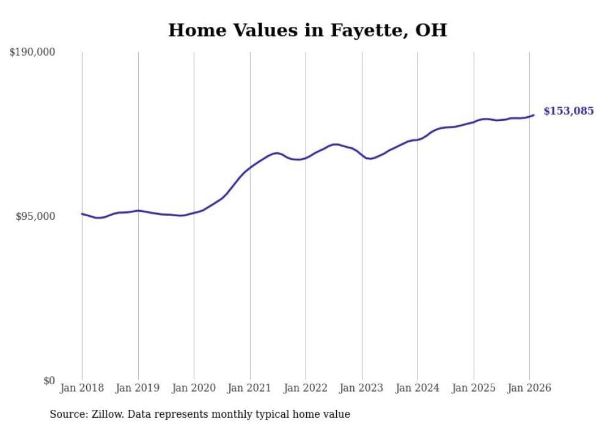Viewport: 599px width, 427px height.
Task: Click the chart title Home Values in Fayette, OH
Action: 307,30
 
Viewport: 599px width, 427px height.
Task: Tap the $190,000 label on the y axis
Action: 32,52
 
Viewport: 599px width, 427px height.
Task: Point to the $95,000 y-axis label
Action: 35,216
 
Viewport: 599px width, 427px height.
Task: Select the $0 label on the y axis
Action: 50,381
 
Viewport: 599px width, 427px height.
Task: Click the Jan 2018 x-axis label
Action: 82,388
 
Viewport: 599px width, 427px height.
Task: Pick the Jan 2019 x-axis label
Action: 138,388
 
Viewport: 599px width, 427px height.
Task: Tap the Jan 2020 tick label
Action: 194,388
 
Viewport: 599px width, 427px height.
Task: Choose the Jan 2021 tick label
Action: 249,388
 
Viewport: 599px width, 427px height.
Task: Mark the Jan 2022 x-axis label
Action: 306,388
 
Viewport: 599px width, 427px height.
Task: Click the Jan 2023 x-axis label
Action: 361,388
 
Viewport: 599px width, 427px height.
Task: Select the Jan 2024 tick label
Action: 417,388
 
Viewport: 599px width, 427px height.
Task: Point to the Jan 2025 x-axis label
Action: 473,388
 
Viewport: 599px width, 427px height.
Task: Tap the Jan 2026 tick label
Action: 529,388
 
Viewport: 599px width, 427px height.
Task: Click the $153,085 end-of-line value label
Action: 568,111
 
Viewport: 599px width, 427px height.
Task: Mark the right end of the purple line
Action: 534,115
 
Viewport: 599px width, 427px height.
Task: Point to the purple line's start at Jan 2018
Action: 82,214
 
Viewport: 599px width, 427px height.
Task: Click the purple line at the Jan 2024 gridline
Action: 417,139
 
